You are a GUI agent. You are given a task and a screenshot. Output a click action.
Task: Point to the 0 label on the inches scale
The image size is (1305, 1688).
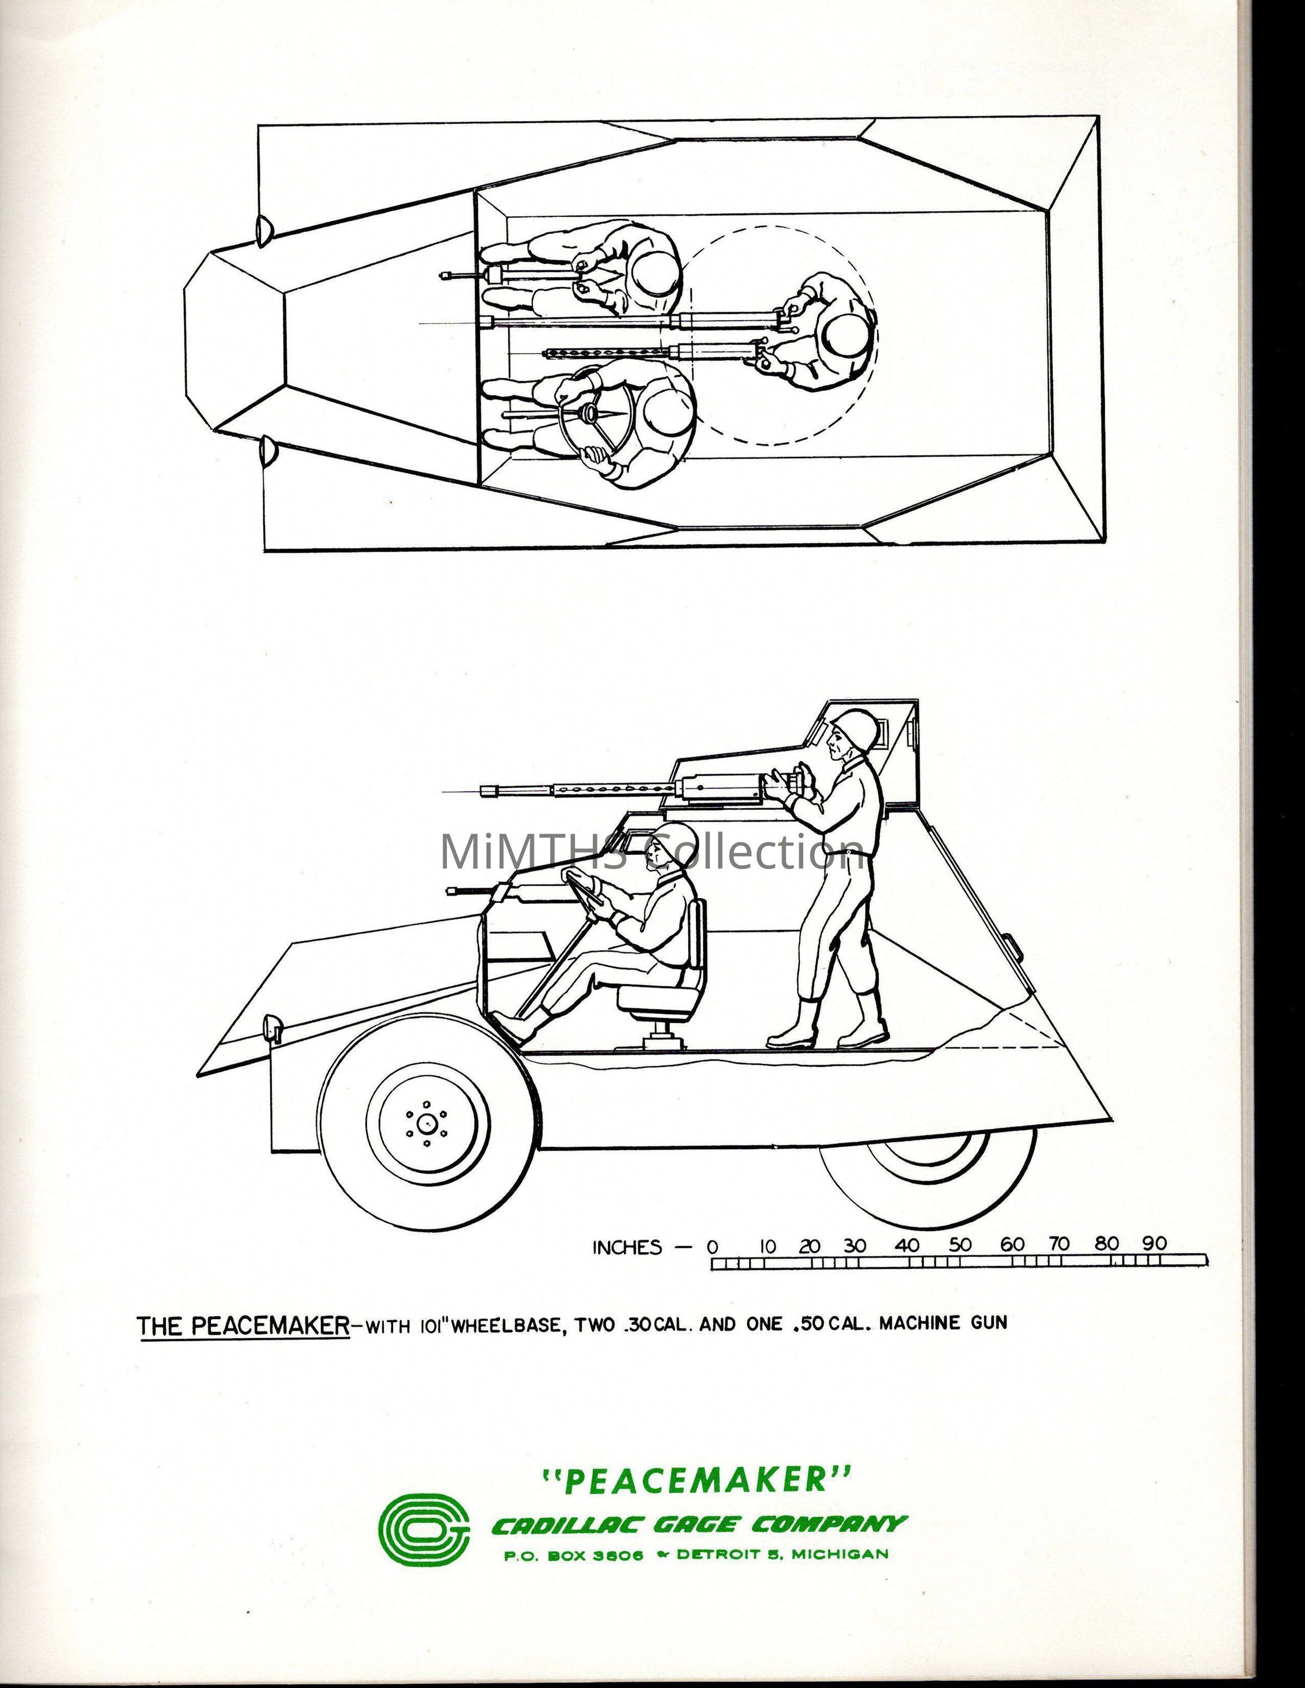tap(712, 1247)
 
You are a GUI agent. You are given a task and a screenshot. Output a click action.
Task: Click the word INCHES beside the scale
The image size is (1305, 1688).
tap(627, 1247)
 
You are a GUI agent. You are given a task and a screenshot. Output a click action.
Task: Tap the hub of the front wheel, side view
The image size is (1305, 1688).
tap(425, 1122)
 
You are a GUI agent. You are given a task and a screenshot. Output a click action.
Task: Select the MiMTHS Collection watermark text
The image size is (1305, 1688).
tap(652, 851)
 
